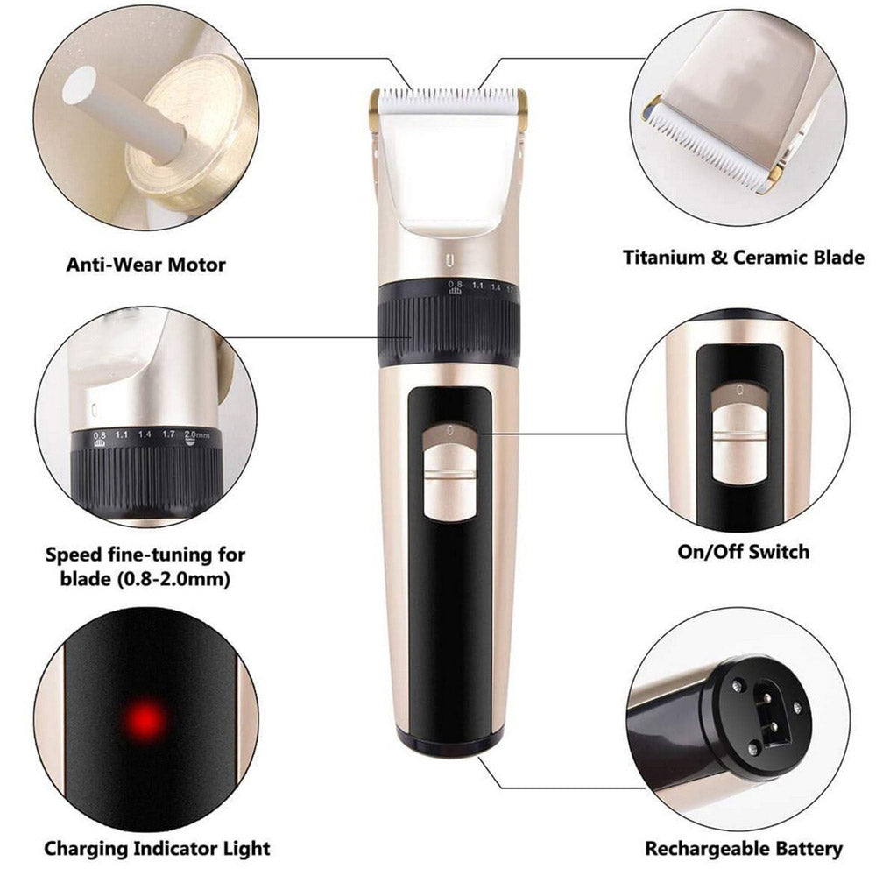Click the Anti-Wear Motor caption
click(x=145, y=263)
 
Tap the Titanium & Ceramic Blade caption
click(x=744, y=258)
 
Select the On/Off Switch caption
click(x=744, y=551)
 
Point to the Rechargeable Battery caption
click(x=744, y=848)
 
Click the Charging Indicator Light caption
click(x=157, y=848)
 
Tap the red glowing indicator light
click(x=146, y=720)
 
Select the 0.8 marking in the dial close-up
click(x=99, y=435)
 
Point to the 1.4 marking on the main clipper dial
click(x=496, y=286)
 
